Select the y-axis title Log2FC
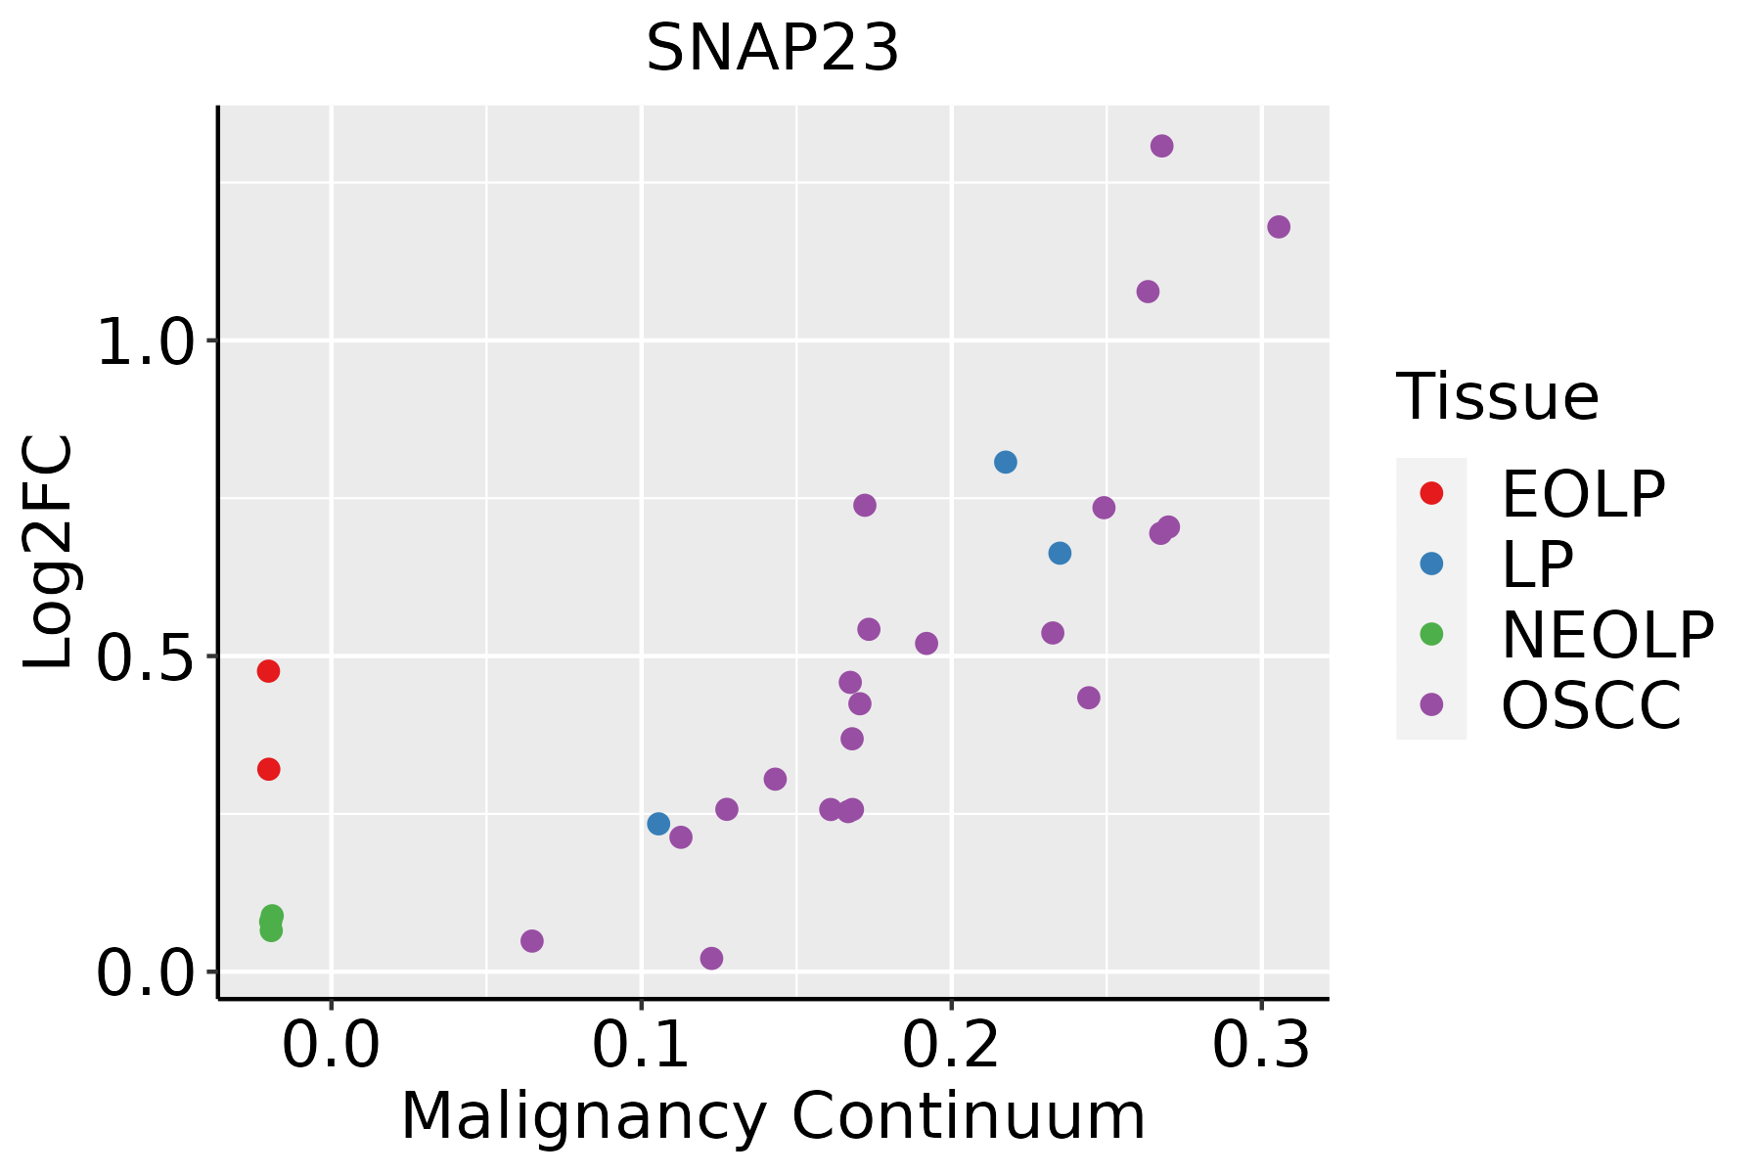point(49,553)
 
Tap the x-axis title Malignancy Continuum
point(773,1116)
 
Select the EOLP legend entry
point(1582,494)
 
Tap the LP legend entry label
point(1537,564)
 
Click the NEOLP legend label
point(1606,635)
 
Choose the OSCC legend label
point(1591,705)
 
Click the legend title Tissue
point(1497,397)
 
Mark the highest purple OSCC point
point(1161,146)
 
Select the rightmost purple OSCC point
point(1278,227)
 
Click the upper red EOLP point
point(268,671)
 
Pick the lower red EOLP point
point(268,769)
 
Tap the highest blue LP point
point(1005,462)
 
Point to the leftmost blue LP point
point(658,824)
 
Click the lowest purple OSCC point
point(711,958)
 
